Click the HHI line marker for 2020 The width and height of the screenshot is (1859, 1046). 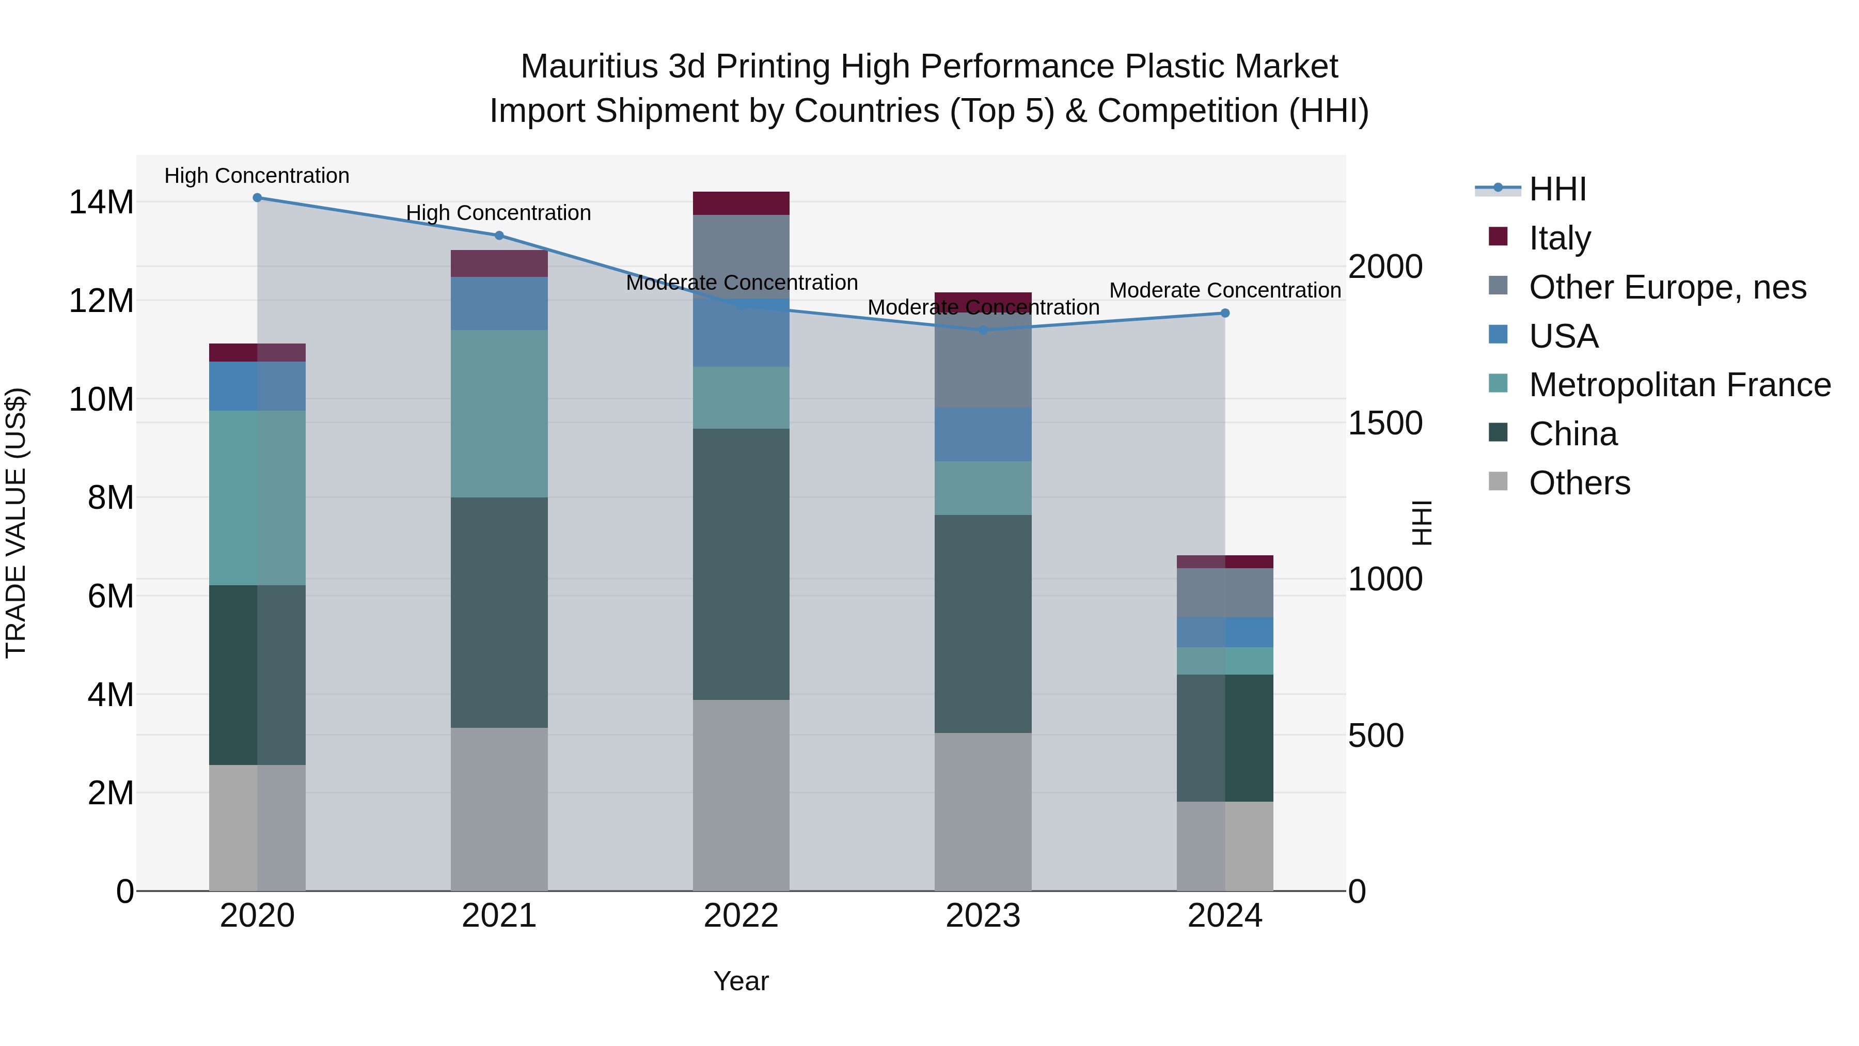(257, 197)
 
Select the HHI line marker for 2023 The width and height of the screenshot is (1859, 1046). (983, 330)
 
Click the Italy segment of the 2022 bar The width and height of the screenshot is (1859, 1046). (741, 203)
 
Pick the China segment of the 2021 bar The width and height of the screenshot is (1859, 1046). (499, 612)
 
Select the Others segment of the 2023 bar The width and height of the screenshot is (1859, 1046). (983, 811)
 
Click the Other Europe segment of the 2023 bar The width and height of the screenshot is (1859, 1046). (983, 361)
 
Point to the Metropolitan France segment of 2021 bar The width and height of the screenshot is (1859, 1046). (499, 414)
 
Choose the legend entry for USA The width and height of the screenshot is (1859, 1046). (1563, 336)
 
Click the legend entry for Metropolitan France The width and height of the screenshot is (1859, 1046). (1679, 385)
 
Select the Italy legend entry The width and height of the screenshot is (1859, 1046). (1559, 238)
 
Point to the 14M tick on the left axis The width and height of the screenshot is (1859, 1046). (101, 202)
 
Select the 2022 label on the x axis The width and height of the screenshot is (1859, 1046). (741, 916)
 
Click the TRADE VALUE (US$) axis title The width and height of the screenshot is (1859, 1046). (16, 523)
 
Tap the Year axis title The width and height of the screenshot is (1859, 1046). (741, 981)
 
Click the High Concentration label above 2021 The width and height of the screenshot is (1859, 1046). (499, 213)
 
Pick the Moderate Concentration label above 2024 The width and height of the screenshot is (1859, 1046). (1225, 290)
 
